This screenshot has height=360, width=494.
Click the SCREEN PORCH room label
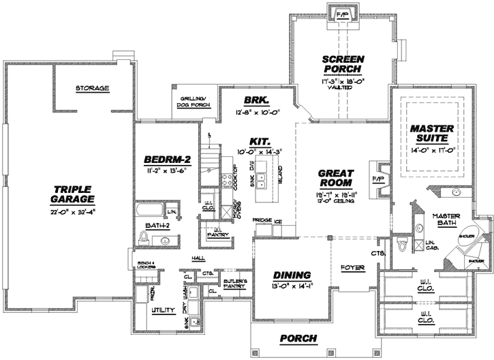344,64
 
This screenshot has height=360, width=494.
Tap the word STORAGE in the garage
93,89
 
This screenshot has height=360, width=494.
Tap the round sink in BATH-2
165,240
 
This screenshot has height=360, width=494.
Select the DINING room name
292,275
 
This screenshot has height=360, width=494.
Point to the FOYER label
352,267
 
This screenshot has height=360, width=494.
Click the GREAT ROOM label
335,178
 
